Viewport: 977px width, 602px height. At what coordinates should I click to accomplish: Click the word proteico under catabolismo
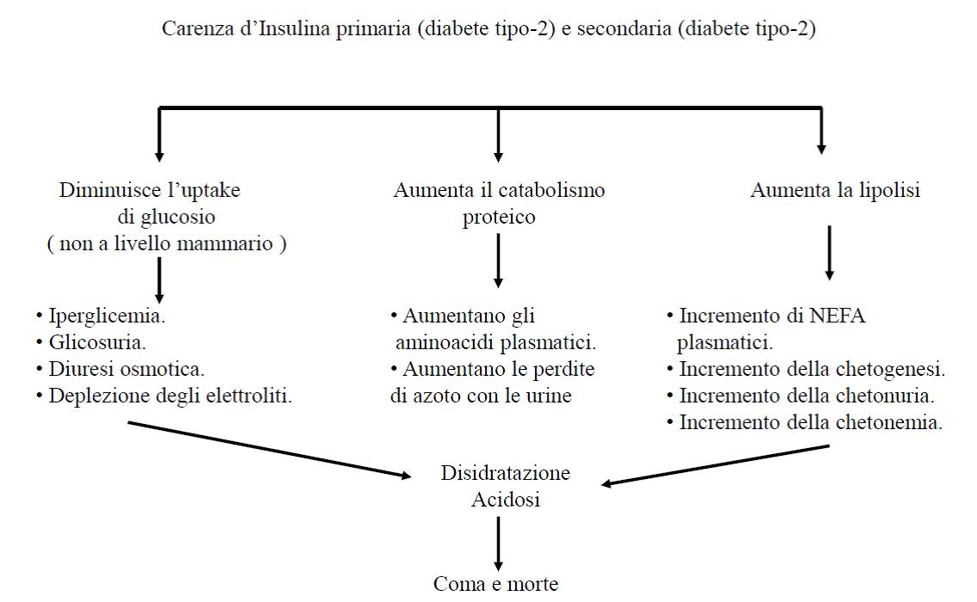[499, 218]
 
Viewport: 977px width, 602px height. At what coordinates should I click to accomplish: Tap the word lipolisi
[889, 190]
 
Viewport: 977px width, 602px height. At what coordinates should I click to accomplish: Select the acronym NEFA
[837, 316]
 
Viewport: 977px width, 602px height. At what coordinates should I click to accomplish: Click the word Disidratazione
[506, 473]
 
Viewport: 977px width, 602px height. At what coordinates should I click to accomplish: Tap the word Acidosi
[506, 500]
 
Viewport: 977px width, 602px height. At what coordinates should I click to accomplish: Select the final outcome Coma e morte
[496, 584]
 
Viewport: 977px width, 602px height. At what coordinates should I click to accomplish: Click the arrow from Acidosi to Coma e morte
[498, 544]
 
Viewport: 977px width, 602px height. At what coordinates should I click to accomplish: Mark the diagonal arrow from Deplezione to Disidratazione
[270, 450]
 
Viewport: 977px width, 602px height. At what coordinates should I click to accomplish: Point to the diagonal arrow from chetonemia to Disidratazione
[716, 465]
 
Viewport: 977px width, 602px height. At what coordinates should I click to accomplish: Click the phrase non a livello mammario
[166, 243]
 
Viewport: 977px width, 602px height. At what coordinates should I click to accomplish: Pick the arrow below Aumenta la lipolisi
[829, 253]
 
